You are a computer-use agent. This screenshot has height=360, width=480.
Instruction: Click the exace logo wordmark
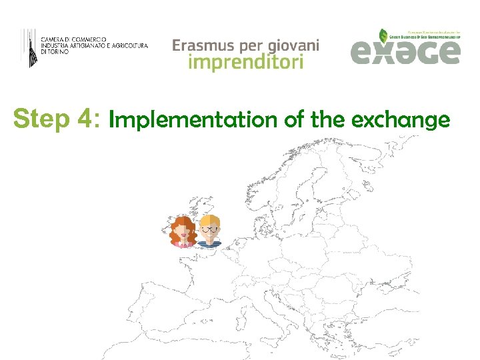click(405, 53)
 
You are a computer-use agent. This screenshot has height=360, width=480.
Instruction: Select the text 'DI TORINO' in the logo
click(55, 51)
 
